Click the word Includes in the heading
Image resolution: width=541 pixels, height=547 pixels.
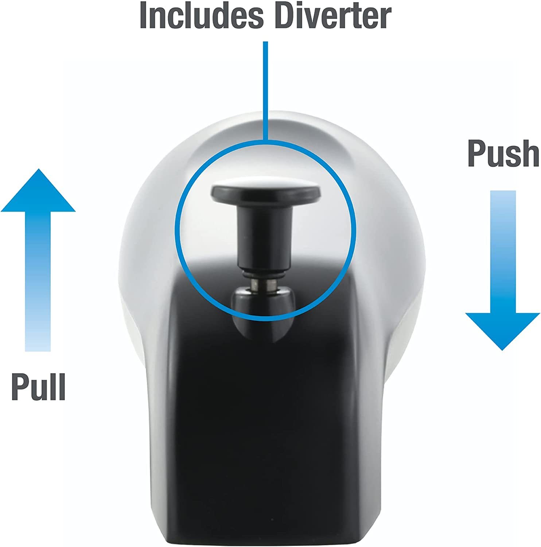202,15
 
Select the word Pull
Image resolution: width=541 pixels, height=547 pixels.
39,386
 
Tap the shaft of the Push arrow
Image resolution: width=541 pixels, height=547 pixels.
503,252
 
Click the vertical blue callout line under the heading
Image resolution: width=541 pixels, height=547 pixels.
266,91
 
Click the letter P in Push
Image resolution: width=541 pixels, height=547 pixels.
477,154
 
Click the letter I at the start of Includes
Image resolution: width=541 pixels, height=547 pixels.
143,15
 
